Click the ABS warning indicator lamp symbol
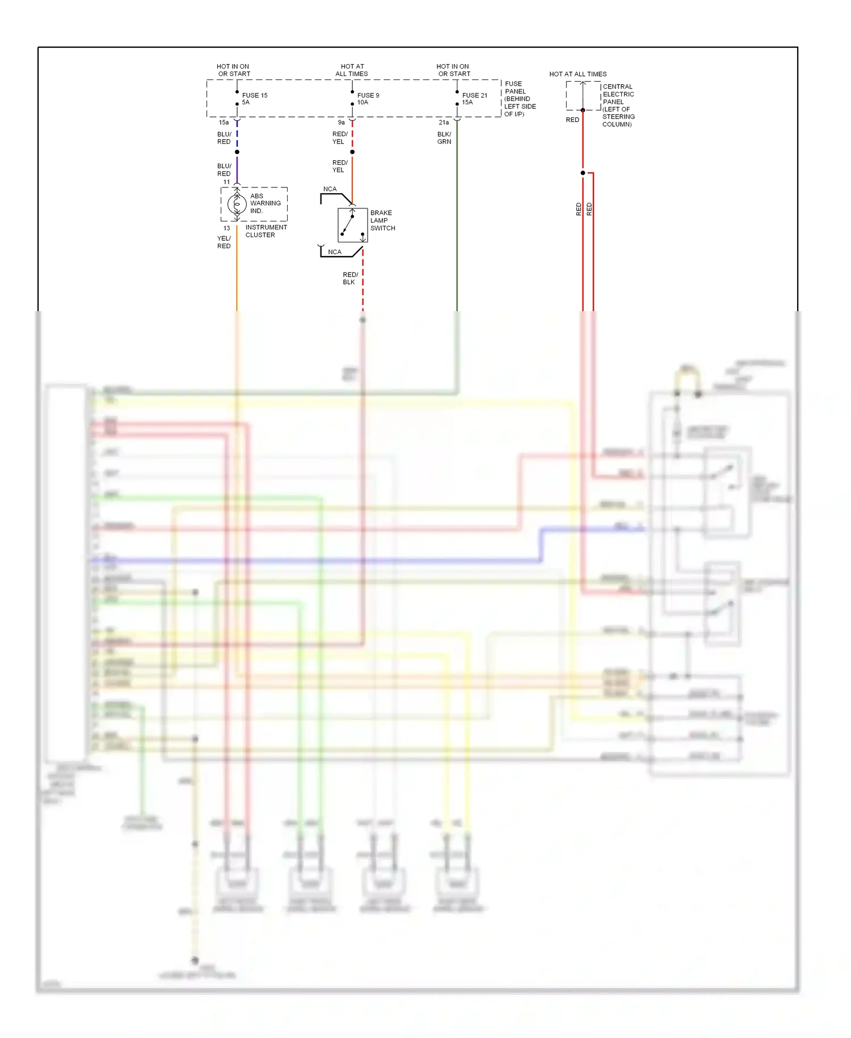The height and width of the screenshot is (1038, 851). [237, 204]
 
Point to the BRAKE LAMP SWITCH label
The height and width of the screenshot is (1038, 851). [382, 220]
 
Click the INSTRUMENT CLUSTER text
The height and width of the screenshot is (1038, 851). [266, 231]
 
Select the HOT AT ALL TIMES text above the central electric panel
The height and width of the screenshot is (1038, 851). [578, 74]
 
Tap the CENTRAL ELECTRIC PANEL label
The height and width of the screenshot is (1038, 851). [618, 105]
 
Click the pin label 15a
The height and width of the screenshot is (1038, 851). [224, 123]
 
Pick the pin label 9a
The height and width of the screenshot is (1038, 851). [341, 123]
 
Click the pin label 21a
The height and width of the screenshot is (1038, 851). [444, 123]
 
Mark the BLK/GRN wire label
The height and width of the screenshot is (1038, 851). [444, 138]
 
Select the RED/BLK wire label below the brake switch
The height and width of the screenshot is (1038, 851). [350, 278]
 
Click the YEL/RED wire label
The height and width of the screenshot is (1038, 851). [224, 242]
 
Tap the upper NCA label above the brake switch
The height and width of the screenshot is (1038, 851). [330, 189]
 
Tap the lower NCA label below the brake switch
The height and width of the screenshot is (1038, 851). [335, 252]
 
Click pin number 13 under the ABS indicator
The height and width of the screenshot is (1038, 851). [226, 228]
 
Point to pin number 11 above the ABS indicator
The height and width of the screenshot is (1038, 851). [226, 182]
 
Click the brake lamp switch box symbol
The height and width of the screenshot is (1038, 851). [352, 225]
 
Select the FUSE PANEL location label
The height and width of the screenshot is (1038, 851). [519, 99]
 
